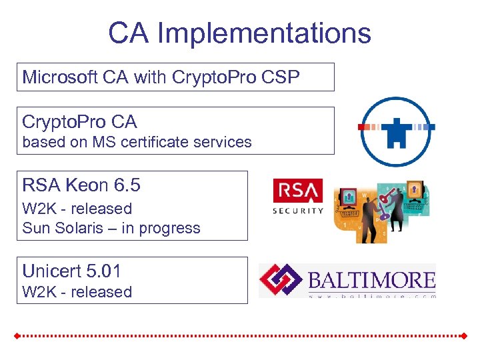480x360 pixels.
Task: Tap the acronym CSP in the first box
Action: coord(281,77)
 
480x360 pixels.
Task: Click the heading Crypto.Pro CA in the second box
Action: coord(79,122)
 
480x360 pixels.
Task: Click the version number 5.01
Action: coord(103,271)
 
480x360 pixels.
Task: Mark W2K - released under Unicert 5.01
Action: coord(77,292)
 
